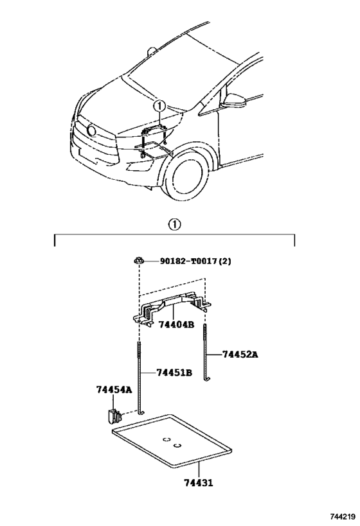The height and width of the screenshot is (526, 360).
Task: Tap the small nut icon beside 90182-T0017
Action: coord(138,260)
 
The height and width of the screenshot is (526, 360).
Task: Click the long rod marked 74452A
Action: coord(205,353)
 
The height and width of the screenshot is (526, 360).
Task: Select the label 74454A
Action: coord(114,389)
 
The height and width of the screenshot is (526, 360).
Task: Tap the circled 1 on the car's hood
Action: coord(160,106)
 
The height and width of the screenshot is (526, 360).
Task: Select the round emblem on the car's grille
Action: coord(91,131)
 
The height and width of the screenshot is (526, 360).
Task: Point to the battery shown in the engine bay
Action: coord(152,131)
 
